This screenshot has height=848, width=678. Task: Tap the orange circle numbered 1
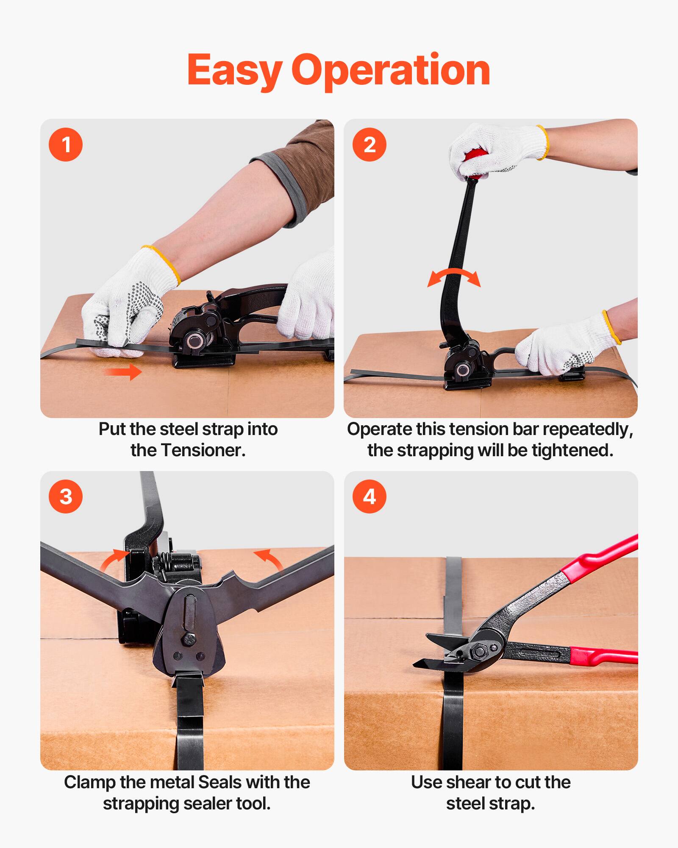point(66,145)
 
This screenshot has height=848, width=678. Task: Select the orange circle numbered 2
point(370,145)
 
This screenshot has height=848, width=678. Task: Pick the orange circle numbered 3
point(66,497)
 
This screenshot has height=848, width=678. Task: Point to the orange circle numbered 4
point(370,497)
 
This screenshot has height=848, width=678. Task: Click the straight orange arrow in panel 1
point(123,372)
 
